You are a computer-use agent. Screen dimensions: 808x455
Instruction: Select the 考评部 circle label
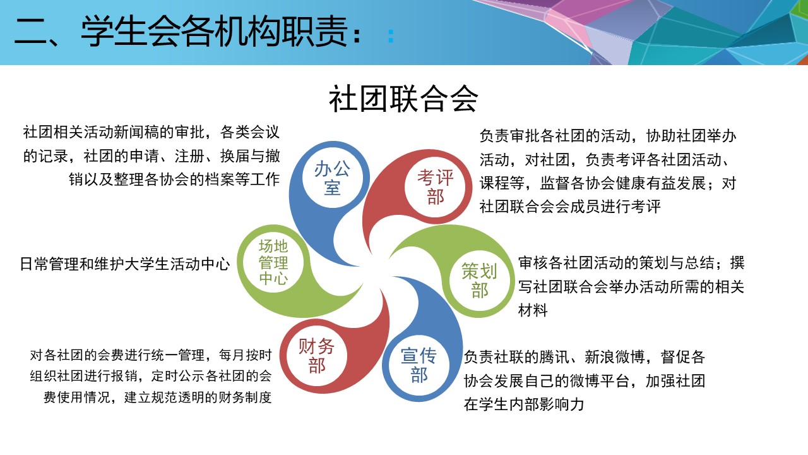click(436, 188)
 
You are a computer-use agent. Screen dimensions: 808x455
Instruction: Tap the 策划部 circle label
click(479, 281)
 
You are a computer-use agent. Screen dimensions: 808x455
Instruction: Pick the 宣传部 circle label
click(419, 365)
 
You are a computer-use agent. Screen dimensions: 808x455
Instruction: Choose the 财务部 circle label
click(316, 356)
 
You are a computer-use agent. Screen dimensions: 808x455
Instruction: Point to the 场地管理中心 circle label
click(273, 262)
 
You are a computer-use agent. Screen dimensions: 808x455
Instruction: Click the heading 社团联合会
click(403, 99)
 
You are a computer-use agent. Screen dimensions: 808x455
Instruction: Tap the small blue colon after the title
click(391, 36)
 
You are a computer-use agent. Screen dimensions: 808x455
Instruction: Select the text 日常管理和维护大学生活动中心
click(124, 264)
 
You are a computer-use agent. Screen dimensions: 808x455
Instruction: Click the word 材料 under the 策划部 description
click(533, 310)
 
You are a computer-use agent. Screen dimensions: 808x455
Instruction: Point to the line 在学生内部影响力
click(524, 404)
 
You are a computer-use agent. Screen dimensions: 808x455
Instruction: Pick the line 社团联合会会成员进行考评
click(570, 207)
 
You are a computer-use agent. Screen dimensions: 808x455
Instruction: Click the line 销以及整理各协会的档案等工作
click(174, 179)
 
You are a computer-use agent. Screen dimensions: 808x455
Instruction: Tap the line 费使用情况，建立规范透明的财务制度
click(157, 397)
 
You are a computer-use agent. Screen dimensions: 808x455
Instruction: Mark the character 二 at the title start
click(31, 32)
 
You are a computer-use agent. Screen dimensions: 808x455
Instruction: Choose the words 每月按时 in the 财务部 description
click(246, 355)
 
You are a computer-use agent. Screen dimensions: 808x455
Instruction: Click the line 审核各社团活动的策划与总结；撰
click(631, 263)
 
